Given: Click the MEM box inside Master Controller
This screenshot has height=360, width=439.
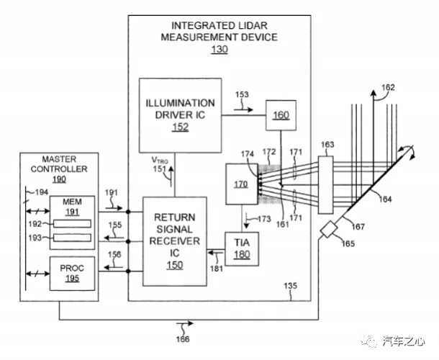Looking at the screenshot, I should pos(72,219).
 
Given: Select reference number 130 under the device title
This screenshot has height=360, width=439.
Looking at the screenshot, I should pos(219,50).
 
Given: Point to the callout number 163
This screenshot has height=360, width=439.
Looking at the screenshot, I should pos(327,145).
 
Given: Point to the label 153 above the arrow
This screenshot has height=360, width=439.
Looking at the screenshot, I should pos(242,94).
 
